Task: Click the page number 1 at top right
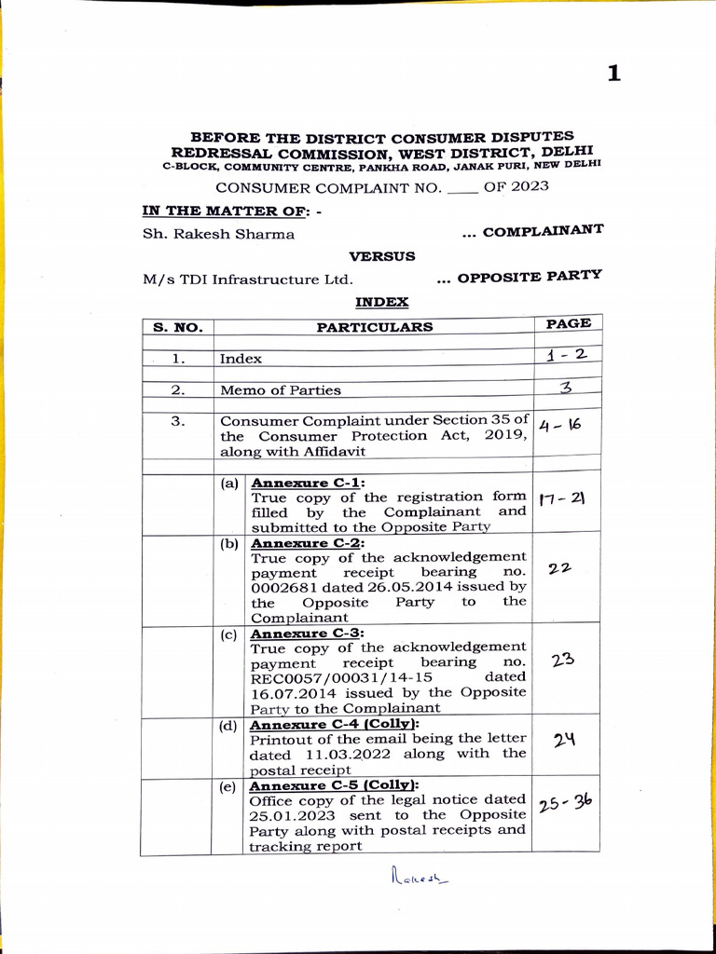(613, 74)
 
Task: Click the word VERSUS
(382, 255)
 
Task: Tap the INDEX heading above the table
(381, 302)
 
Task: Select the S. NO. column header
(177, 327)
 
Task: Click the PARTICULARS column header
(374, 327)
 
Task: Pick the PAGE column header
(568, 323)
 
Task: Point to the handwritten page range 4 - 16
(561, 426)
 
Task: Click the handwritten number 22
(560, 567)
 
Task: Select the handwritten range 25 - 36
(564, 802)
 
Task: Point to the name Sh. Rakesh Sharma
(218, 234)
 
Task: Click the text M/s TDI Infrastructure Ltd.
(247, 279)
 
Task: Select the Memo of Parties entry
(280, 390)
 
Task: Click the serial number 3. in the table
(178, 420)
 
